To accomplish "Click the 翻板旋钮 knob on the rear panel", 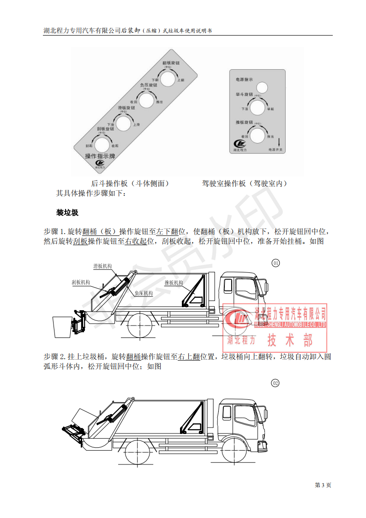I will (x=168, y=79).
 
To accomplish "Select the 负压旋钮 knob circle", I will (x=146, y=100).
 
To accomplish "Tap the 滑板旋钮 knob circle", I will (x=124, y=123).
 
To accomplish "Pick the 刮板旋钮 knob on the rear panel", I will (x=102, y=145).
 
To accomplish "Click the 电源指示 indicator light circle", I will (x=262, y=87).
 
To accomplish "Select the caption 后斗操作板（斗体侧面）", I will (x=130, y=183).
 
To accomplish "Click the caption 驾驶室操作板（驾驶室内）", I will (x=245, y=183).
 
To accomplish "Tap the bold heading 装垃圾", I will (x=67, y=213).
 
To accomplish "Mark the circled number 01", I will (x=276, y=263).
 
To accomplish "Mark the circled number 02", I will (x=276, y=383).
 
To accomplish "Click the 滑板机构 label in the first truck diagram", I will (x=102, y=266).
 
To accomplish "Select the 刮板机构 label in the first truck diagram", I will (x=81, y=281).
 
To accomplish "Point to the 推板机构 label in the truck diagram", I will (x=174, y=283).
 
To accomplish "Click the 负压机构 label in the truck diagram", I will (x=144, y=293).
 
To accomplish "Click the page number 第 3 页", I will (x=323, y=485).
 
